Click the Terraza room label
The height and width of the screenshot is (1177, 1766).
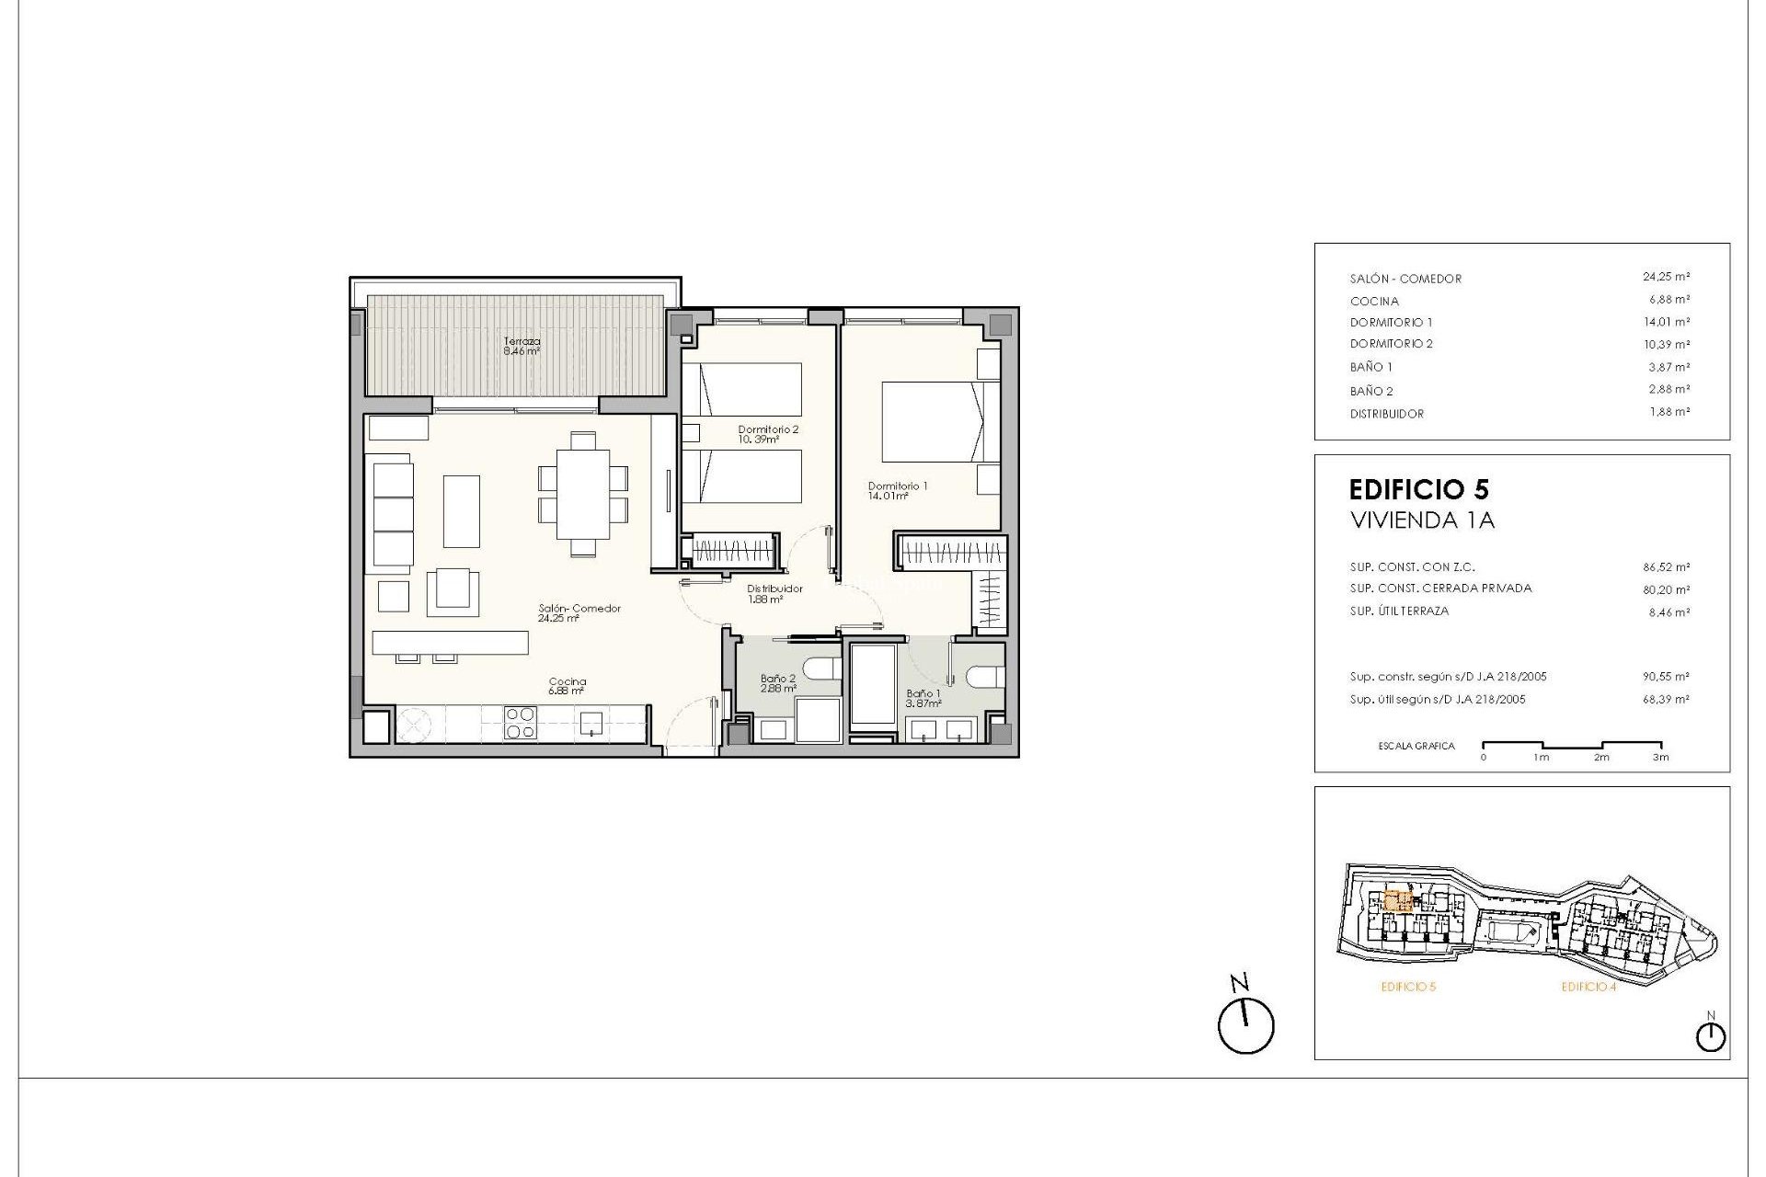click(522, 345)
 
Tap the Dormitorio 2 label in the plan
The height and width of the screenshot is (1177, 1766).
click(768, 434)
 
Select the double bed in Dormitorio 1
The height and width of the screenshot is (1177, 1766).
click(934, 422)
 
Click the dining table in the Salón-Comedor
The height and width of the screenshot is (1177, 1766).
click(582, 493)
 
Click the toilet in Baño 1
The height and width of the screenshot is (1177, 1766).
click(983, 678)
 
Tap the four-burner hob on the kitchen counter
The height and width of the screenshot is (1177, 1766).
click(521, 723)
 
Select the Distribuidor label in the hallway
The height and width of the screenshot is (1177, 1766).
click(774, 593)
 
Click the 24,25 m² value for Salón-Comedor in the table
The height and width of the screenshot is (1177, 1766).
click(1666, 277)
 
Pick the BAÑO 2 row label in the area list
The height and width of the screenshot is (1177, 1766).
click(1371, 392)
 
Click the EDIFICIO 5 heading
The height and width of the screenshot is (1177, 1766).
click(1418, 489)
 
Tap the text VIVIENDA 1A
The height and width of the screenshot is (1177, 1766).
click(1421, 520)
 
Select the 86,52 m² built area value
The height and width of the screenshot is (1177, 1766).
click(1666, 567)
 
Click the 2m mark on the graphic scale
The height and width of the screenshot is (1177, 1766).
click(1601, 758)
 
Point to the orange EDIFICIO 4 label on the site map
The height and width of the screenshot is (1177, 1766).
click(1588, 987)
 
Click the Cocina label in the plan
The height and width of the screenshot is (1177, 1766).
click(567, 686)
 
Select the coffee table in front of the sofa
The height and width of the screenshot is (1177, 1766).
click(462, 511)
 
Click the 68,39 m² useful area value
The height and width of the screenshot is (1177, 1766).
click(1666, 700)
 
